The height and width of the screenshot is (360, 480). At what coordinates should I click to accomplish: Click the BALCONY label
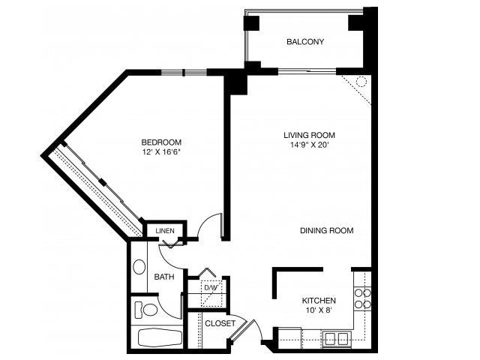point(305,42)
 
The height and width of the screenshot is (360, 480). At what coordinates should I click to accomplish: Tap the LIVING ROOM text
point(308,136)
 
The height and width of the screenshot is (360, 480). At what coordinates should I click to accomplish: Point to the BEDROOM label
point(161,142)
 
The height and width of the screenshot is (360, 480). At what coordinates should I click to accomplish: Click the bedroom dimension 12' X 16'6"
point(161,151)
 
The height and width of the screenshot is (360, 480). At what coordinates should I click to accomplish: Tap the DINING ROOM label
point(326,231)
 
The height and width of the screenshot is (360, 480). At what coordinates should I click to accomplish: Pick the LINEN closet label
point(166,231)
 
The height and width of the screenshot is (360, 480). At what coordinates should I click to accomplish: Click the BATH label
point(164,277)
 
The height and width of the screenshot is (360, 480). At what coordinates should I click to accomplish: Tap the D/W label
point(211,286)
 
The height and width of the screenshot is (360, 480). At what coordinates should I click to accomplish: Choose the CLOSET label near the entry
point(220,324)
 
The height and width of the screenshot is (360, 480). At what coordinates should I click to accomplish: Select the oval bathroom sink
point(139,267)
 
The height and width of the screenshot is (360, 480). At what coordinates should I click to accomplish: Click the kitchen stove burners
point(362,298)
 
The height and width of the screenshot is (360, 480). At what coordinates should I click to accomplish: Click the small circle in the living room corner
point(360,81)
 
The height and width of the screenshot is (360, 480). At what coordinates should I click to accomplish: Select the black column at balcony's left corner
point(251,22)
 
